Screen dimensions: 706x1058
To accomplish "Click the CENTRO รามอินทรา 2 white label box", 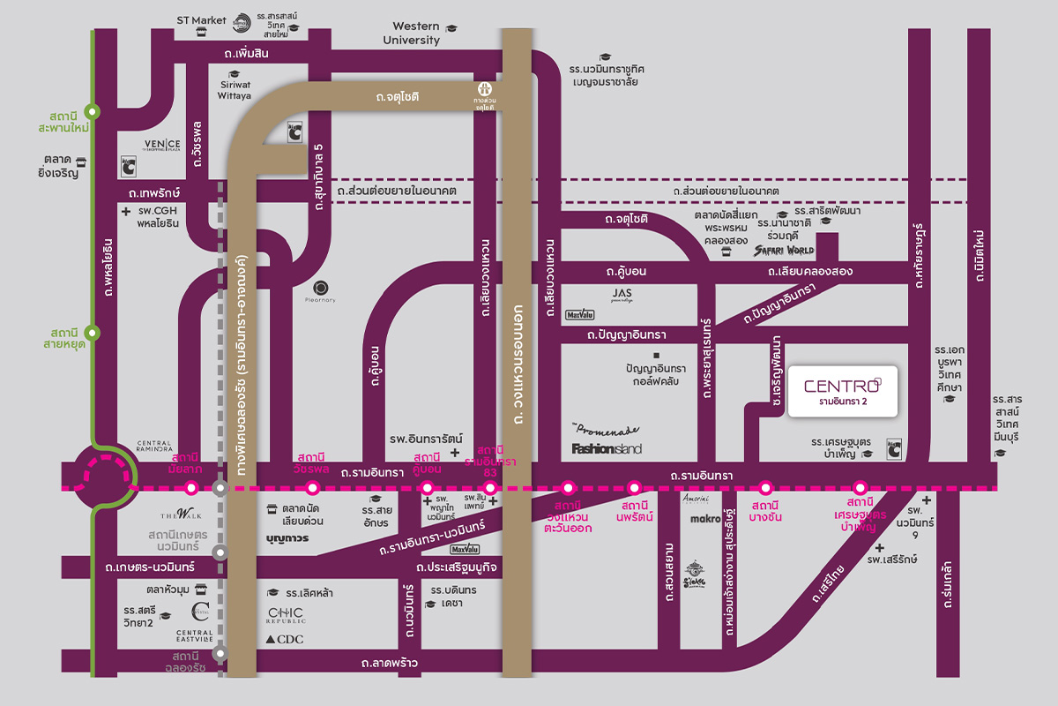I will point(842,391).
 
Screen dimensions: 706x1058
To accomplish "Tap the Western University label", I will point(412,34).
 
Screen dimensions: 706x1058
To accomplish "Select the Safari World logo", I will point(784,251).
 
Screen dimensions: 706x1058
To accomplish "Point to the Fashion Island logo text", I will point(607,448).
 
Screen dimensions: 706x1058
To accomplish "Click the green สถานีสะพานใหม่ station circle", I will point(95,112).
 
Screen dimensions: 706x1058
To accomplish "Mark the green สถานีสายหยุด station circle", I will point(95,333).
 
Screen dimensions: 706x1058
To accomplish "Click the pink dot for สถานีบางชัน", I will point(765,487).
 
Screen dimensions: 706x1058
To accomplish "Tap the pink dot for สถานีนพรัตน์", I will point(634,487).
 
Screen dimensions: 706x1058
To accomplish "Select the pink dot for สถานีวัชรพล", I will point(311,487).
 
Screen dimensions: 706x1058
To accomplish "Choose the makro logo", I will point(706,519).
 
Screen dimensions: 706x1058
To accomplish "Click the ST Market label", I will point(202,20).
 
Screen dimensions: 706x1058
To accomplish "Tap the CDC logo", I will point(285,639).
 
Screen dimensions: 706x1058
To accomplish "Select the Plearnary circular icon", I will point(321,287).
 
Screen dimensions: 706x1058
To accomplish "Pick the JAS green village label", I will point(622,295).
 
